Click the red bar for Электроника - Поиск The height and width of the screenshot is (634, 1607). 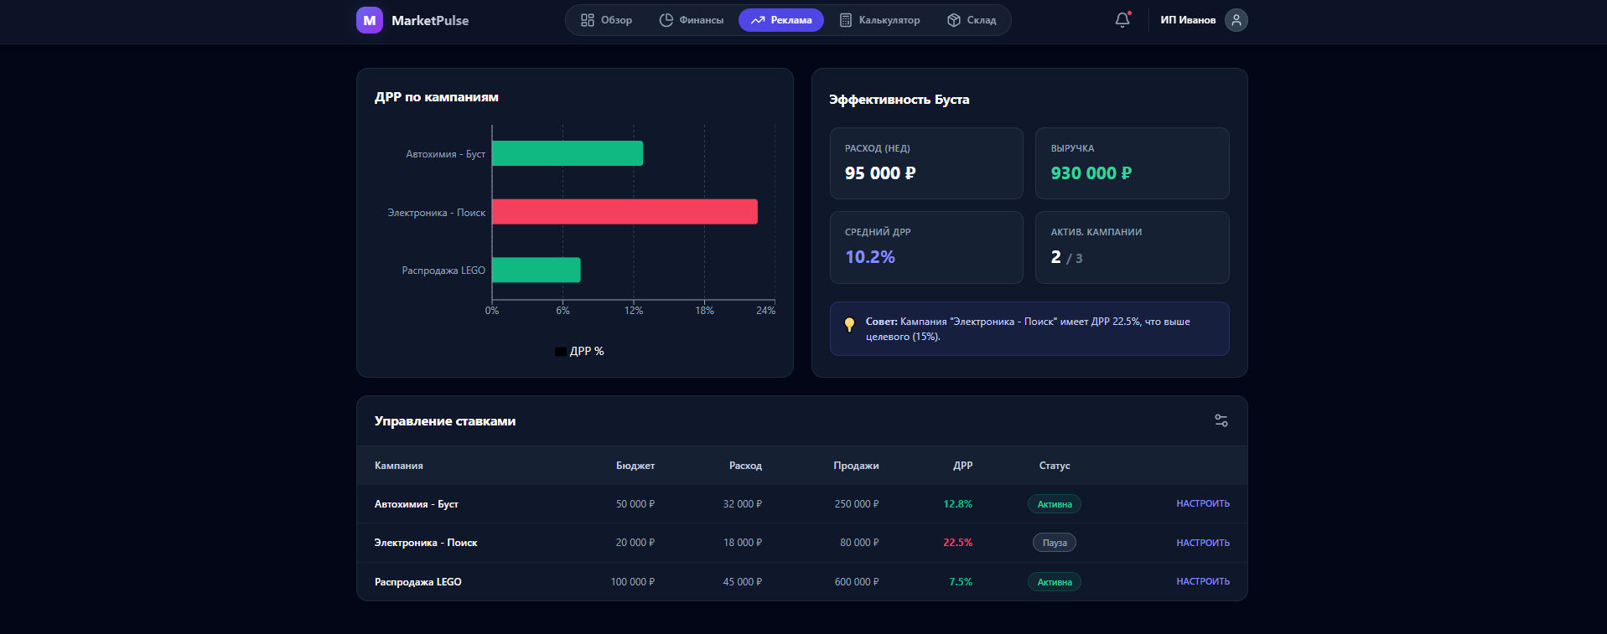625,212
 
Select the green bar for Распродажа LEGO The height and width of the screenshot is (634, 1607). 537,270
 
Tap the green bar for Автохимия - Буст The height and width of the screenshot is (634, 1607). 568,153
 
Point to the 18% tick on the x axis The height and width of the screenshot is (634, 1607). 704,310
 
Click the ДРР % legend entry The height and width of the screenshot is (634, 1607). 579,351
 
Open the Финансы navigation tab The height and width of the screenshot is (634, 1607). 692,20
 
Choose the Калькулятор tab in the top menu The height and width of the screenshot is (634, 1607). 879,20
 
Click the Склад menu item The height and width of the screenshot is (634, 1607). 972,20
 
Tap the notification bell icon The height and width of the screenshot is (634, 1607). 1122,20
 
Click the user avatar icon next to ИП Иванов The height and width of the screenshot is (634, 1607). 1236,20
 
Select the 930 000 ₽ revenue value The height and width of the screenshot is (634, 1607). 1091,173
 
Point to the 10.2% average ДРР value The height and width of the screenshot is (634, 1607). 869,257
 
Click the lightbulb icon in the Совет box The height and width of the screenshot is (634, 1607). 849,324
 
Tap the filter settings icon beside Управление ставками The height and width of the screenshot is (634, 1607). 1221,420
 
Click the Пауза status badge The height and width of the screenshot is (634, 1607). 1054,543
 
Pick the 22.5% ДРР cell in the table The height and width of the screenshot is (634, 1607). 957,543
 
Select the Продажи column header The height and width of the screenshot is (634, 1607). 856,466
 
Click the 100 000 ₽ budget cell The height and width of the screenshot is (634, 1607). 632,582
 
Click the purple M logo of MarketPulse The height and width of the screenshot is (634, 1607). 370,20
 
